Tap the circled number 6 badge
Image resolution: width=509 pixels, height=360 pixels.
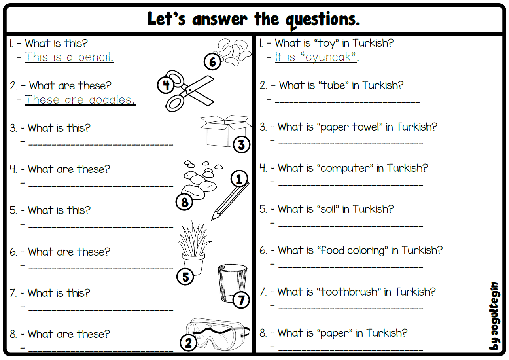click(212, 62)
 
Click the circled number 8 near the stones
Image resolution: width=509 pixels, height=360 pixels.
click(184, 202)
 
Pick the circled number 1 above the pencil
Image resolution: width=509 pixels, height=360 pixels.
click(239, 179)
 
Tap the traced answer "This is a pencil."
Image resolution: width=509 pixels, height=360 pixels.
click(70, 57)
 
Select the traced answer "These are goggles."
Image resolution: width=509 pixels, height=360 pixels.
click(80, 100)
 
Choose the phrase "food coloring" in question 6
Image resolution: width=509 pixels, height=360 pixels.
click(352, 250)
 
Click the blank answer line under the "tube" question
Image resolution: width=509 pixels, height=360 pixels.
click(347, 102)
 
